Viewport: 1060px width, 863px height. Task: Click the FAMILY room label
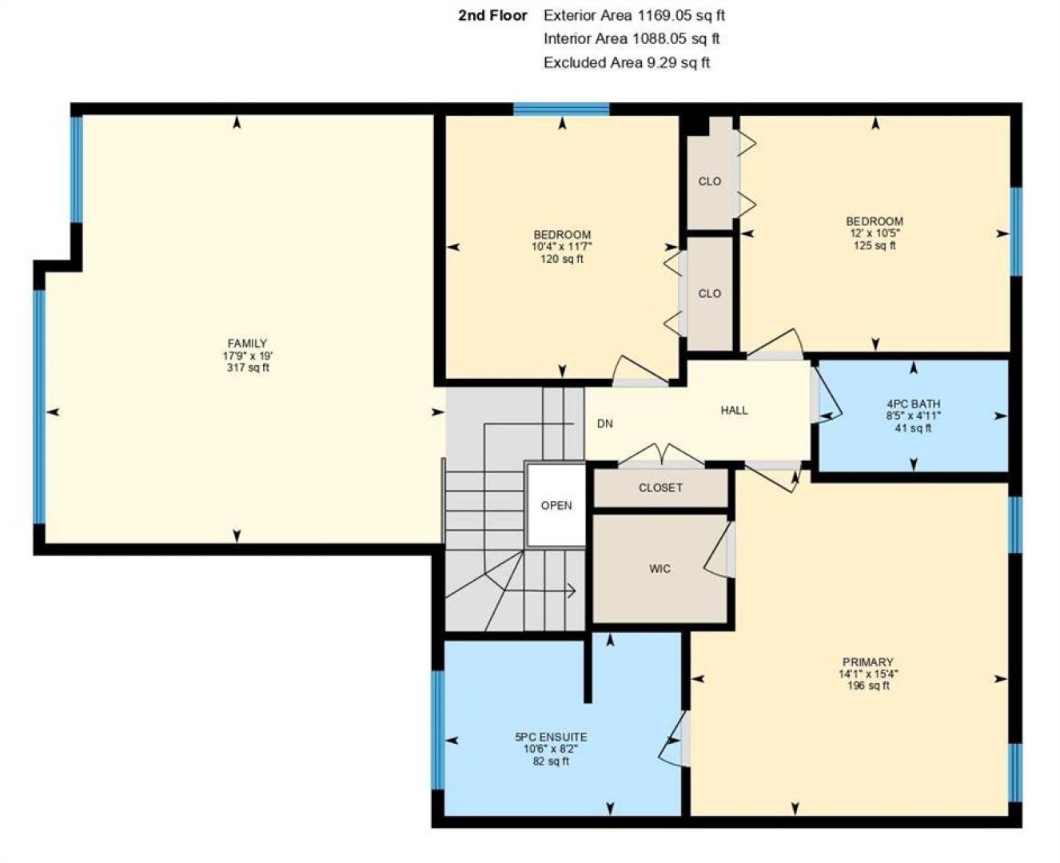point(247,344)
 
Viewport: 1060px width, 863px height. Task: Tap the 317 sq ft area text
point(248,368)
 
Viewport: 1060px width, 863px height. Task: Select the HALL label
point(734,411)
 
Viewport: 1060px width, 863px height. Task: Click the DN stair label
point(604,424)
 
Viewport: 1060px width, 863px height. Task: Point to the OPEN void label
point(556,505)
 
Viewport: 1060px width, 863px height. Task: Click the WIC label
point(660,568)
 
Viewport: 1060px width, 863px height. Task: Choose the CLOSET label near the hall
point(660,488)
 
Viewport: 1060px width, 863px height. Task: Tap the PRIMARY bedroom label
point(868,662)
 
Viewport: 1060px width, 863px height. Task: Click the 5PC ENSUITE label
point(551,737)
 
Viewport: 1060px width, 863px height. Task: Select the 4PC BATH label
point(913,404)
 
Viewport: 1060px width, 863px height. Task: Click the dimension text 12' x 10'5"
point(875,233)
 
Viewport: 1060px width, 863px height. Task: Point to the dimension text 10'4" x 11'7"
point(562,247)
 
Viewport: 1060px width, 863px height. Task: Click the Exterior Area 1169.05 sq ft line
point(634,15)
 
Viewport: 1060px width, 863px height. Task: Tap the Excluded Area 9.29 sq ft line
point(627,62)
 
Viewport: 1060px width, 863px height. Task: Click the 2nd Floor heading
point(492,15)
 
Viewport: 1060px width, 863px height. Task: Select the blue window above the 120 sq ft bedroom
point(561,109)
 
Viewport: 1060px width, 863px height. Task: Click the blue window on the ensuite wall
point(437,730)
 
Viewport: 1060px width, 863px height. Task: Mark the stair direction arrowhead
point(573,591)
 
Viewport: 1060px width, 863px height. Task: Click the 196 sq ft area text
point(868,686)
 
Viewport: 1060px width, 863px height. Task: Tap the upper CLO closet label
point(709,181)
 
